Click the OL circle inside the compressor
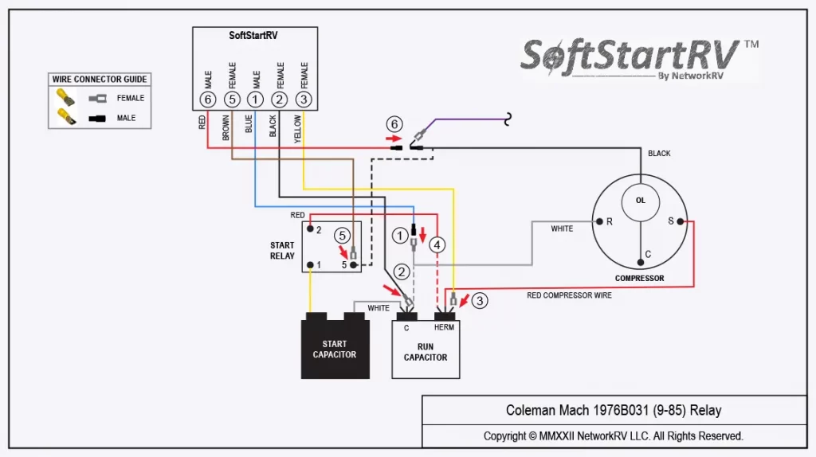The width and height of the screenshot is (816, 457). pyautogui.click(x=640, y=201)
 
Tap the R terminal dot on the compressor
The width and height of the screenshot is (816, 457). pyautogui.click(x=599, y=221)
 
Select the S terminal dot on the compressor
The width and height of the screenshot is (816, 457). pyautogui.click(x=681, y=221)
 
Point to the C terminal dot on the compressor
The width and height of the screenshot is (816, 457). pyautogui.click(x=640, y=262)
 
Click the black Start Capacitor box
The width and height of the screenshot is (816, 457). pyautogui.click(x=335, y=346)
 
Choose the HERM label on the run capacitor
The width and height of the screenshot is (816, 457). pyautogui.click(x=444, y=327)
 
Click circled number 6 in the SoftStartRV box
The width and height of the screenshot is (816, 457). pyautogui.click(x=208, y=100)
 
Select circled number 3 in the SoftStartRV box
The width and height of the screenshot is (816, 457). pyautogui.click(x=304, y=100)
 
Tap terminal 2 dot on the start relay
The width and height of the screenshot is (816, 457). pyautogui.click(x=310, y=228)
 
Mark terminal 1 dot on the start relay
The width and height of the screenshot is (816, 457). pyautogui.click(x=310, y=265)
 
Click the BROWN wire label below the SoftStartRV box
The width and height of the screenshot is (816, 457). pyautogui.click(x=226, y=128)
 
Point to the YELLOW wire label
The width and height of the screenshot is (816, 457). pyautogui.click(x=297, y=129)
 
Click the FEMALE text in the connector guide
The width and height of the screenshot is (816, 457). pyautogui.click(x=130, y=98)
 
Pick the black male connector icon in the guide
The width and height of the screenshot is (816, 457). pyautogui.click(x=96, y=119)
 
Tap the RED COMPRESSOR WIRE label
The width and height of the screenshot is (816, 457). pyautogui.click(x=569, y=295)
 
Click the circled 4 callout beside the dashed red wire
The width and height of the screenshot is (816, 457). pyautogui.click(x=437, y=245)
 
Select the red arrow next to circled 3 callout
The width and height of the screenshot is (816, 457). pyautogui.click(x=465, y=300)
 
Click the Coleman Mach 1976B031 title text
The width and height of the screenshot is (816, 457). pyautogui.click(x=614, y=410)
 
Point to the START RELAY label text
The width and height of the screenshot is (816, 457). pyautogui.click(x=282, y=251)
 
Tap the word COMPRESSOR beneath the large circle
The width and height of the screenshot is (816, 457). pyautogui.click(x=639, y=278)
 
